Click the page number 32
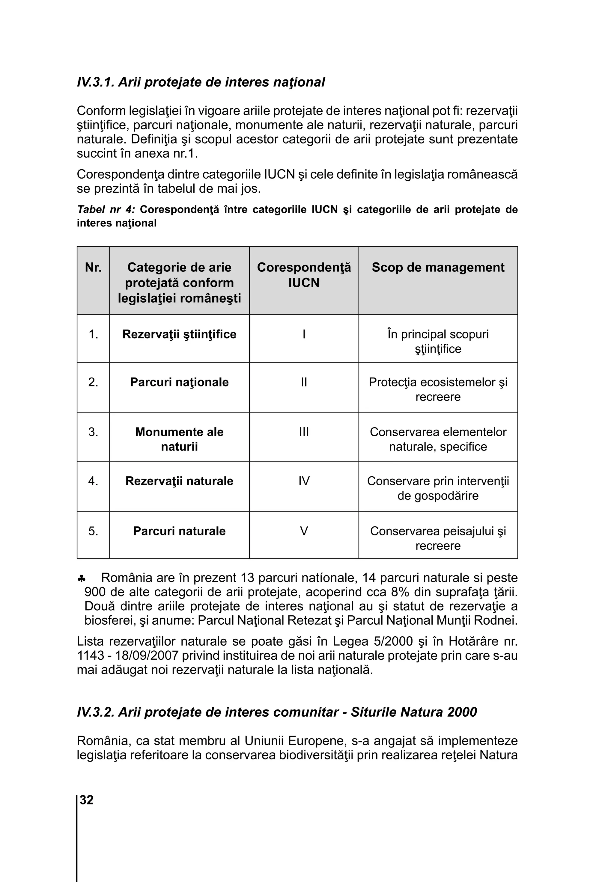coord(87,799)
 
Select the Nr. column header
coord(93,267)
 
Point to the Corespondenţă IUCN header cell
coord(304,275)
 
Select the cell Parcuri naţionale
coord(179,382)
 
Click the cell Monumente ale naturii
coord(179,439)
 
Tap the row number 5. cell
coord(93,531)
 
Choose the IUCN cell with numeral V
coord(304,531)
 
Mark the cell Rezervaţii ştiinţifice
coord(179,334)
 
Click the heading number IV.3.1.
coord(95,82)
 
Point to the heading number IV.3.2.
coord(95,712)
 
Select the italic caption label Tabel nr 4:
coord(106,210)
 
